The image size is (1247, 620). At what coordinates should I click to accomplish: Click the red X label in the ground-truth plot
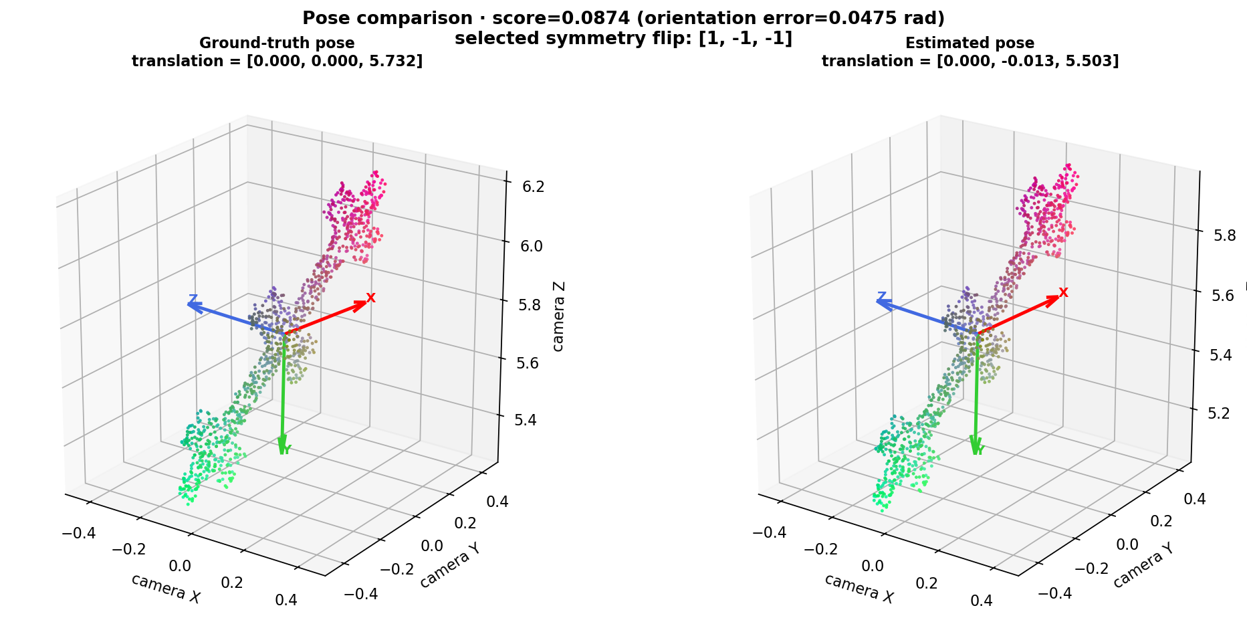(370, 298)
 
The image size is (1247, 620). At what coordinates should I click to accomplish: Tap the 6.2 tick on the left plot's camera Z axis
(533, 187)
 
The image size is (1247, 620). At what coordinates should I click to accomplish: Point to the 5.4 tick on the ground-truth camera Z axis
(526, 420)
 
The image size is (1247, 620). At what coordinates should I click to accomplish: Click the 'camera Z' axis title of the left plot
(559, 316)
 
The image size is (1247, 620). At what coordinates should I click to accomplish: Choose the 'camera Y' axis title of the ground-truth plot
(449, 565)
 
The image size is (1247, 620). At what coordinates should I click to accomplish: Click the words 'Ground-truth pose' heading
(277, 43)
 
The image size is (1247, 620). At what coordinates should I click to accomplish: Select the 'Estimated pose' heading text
(970, 43)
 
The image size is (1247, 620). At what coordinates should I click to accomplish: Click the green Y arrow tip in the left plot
(283, 453)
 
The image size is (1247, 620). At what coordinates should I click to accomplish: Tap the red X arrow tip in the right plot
(1058, 297)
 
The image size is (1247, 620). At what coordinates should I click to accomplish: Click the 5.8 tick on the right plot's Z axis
(1226, 235)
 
